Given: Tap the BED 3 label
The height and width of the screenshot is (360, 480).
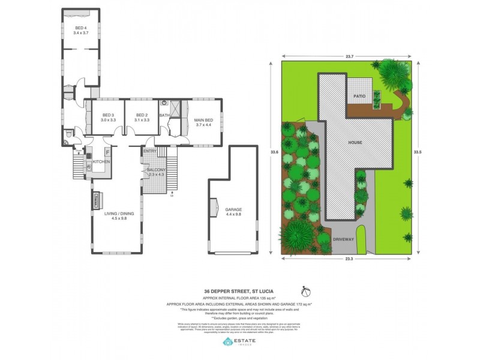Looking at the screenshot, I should click(x=108, y=115).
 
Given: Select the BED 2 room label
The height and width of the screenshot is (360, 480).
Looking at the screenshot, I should click(x=142, y=115).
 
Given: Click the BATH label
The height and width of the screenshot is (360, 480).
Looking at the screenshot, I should click(x=164, y=115).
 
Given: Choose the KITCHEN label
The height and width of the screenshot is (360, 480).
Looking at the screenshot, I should click(x=101, y=162).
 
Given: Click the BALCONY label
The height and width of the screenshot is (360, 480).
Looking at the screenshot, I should click(x=155, y=170).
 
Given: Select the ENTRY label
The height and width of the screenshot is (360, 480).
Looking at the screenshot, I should click(x=149, y=151).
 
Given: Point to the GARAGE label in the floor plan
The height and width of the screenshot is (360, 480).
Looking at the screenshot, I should click(x=233, y=209).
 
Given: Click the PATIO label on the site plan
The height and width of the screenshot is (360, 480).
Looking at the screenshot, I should click(x=359, y=95).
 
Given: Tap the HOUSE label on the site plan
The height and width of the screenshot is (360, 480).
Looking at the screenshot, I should click(x=355, y=143).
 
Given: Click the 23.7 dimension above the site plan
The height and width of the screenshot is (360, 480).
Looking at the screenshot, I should click(x=349, y=56).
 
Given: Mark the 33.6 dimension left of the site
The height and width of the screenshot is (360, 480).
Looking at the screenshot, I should click(x=274, y=152).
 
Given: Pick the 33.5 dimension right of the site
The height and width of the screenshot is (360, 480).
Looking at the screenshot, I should click(x=424, y=152).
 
